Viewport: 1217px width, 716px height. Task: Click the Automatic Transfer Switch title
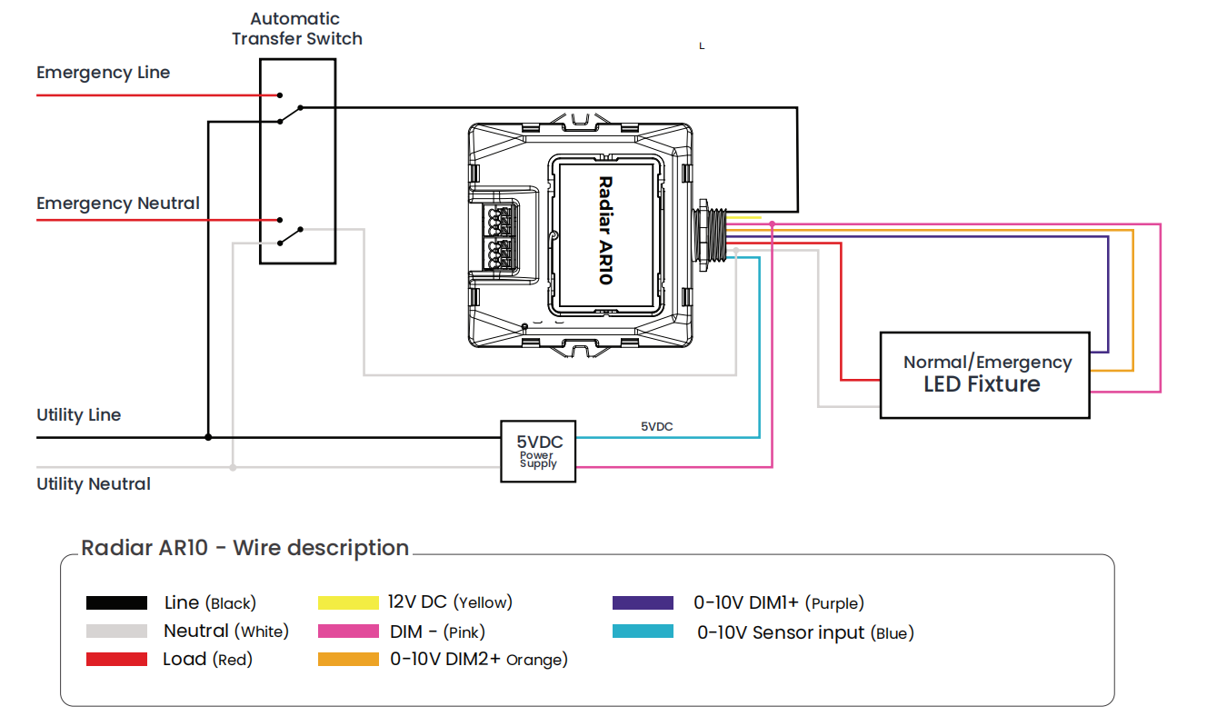pos(297,29)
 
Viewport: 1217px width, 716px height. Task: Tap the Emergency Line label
pos(103,73)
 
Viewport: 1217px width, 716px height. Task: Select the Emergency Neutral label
pos(118,204)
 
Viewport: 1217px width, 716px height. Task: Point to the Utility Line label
pos(78,415)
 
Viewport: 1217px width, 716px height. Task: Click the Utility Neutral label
pos(94,484)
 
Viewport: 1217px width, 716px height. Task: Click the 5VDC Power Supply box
pos(539,451)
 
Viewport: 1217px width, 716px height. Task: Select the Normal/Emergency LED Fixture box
pos(984,374)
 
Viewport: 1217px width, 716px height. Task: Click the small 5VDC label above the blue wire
pos(656,426)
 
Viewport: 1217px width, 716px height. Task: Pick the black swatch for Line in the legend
pos(116,602)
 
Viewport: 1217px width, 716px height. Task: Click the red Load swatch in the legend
pos(116,660)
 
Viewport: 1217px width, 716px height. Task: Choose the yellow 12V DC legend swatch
pos(348,602)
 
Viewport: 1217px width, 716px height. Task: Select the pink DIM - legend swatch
pos(348,631)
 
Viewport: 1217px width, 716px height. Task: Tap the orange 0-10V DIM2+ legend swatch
pos(348,660)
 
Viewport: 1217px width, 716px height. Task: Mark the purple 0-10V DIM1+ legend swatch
pos(643,602)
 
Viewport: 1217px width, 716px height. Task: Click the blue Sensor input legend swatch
pos(643,632)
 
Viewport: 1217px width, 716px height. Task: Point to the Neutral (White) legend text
pos(225,631)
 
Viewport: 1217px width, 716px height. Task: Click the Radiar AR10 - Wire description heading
pos(245,548)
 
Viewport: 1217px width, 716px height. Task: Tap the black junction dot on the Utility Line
pos(208,437)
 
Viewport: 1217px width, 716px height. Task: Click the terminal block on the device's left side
pos(501,236)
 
